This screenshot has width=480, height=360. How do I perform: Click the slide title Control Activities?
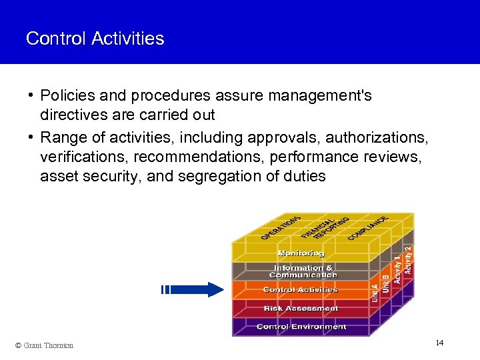click(95, 39)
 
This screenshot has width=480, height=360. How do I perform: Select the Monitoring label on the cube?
click(301, 253)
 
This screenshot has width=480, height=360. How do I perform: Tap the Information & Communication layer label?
click(303, 271)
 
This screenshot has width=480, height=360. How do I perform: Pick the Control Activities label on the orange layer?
click(301, 290)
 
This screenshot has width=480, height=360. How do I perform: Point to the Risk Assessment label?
click(301, 309)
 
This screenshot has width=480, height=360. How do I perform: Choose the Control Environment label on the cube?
click(301, 327)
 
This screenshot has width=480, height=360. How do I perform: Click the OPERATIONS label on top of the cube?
click(281, 227)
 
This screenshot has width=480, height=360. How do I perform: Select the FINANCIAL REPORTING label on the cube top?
click(325, 226)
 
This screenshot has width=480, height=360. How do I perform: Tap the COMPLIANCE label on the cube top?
click(368, 227)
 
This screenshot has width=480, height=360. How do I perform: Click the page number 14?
click(439, 343)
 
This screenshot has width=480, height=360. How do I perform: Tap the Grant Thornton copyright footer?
click(44, 345)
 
